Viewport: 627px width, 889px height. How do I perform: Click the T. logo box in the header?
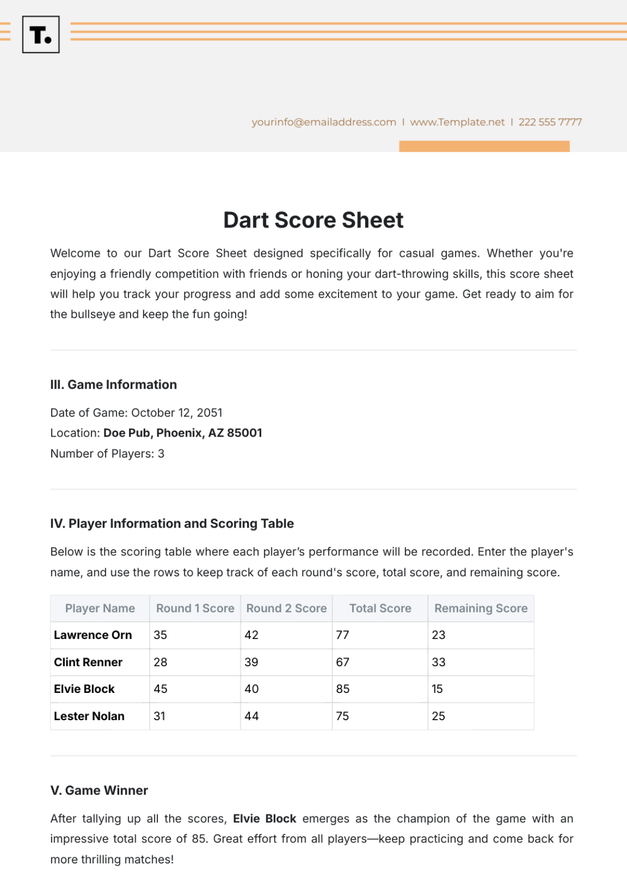[x=41, y=35]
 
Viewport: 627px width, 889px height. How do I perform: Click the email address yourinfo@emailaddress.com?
[x=323, y=122]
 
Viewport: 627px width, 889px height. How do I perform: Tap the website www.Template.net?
[x=457, y=122]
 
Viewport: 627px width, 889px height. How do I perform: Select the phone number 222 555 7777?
[x=550, y=122]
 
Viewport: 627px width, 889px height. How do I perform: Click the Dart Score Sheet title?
[x=313, y=220]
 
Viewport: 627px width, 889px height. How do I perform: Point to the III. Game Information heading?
[x=113, y=385]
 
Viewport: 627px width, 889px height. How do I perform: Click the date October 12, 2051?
[x=177, y=413]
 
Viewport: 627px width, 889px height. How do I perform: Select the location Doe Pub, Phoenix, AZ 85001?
[x=182, y=433]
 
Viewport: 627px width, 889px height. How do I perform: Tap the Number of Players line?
[x=107, y=453]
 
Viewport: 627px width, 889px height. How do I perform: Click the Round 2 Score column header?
[x=286, y=608]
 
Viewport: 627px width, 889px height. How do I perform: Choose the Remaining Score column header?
[x=481, y=608]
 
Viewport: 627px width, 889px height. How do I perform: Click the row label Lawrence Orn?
[x=93, y=635]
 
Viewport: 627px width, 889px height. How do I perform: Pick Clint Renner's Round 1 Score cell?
[x=160, y=662]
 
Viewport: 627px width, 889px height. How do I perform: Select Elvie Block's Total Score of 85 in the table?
[x=343, y=689]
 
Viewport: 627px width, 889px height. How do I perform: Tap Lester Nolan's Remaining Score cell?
[x=438, y=716]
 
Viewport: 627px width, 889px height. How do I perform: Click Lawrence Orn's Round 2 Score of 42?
[x=251, y=635]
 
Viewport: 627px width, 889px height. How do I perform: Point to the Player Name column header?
[x=100, y=608]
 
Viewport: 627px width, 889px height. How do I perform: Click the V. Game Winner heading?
[x=99, y=790]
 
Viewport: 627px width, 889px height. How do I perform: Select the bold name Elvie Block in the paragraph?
[x=264, y=818]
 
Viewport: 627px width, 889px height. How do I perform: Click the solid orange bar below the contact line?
[x=484, y=146]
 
